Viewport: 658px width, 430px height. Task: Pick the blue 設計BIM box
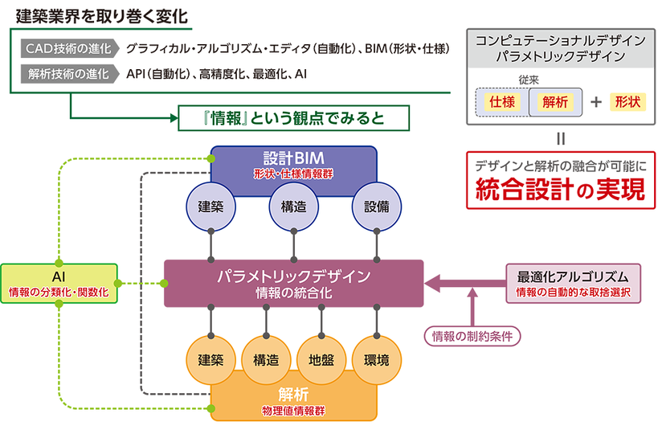click(x=293, y=161)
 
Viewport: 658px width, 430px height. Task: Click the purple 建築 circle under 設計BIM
click(x=210, y=206)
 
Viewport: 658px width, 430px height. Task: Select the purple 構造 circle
click(x=293, y=206)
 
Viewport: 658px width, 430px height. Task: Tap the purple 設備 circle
click(x=376, y=206)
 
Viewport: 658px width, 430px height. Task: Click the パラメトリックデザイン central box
click(x=293, y=283)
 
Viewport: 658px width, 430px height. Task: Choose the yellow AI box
click(x=59, y=283)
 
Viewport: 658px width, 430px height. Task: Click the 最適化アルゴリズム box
click(x=573, y=283)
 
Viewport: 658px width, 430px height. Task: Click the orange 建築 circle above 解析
click(x=210, y=360)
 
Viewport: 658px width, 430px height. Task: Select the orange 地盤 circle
click(x=321, y=360)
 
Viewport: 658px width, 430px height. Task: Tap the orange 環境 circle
click(x=376, y=360)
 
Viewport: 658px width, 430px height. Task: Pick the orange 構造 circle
click(x=265, y=360)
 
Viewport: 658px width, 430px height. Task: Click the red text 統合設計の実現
click(x=560, y=190)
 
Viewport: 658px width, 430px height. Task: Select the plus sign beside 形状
click(x=595, y=102)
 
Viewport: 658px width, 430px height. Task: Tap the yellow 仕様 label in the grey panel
click(x=502, y=102)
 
